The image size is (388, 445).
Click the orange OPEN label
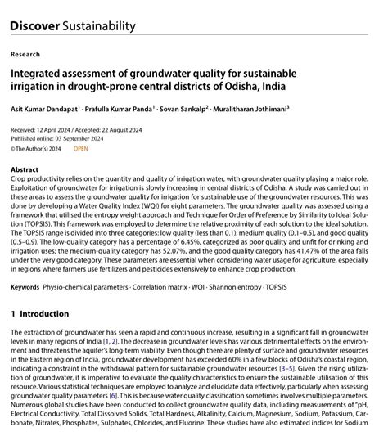(x=81, y=149)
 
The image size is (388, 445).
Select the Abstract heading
(x=25, y=169)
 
